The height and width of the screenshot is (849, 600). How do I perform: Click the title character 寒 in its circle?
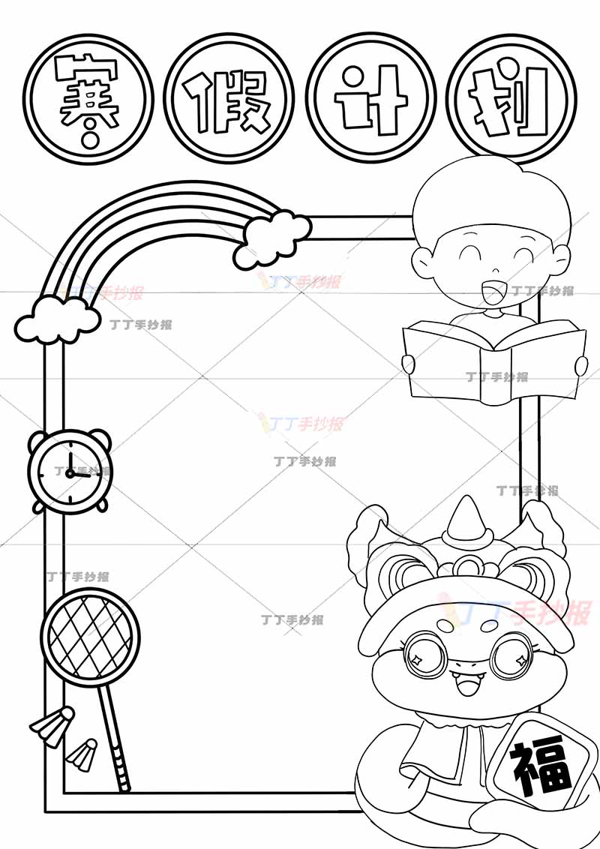(x=88, y=100)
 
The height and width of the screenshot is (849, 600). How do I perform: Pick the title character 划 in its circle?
(x=510, y=101)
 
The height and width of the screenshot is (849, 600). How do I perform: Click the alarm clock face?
(x=70, y=472)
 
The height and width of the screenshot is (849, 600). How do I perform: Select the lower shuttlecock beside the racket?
(x=82, y=754)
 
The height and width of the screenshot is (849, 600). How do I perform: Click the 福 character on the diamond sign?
(x=541, y=768)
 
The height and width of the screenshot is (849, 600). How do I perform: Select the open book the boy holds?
(x=493, y=359)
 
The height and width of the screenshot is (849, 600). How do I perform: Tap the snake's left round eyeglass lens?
(x=425, y=655)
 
